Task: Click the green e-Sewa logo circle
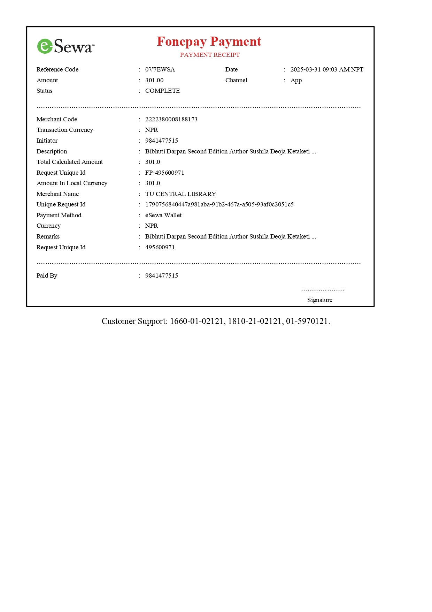[x=45, y=46]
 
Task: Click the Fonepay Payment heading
[x=209, y=41]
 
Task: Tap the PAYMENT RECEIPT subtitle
[x=210, y=55]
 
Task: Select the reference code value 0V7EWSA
[x=160, y=69]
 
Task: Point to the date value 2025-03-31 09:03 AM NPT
[x=327, y=69]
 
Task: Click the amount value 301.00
[x=154, y=80]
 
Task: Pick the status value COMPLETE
[x=162, y=91]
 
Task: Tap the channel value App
[x=296, y=80]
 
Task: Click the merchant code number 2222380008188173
[x=171, y=119]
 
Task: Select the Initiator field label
[x=47, y=141]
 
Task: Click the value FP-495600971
[x=164, y=173]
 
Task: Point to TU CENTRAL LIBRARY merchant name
[x=180, y=194]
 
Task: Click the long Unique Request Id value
[x=219, y=204]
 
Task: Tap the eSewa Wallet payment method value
[x=163, y=215]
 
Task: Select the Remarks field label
[x=48, y=236]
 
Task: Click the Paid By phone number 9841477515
[x=161, y=275]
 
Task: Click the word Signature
[x=319, y=300]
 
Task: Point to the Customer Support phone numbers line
[x=216, y=321]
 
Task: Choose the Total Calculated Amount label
[x=70, y=162]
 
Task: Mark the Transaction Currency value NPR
[x=152, y=130]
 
